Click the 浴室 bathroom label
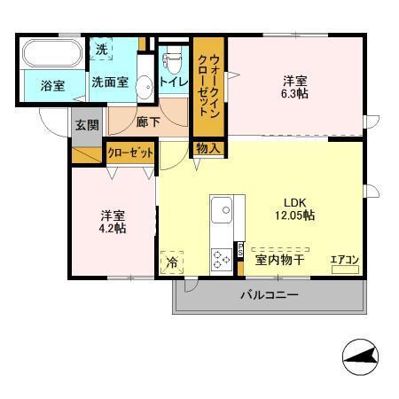coord(52,86)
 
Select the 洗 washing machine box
coord(103,51)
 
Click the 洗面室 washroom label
coord(112,84)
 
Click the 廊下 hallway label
coord(147,122)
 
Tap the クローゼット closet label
coord(130,153)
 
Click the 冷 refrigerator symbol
coord(172,262)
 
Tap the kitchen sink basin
coord(222,212)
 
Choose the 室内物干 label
coord(280,260)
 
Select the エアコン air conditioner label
coord(344,260)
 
